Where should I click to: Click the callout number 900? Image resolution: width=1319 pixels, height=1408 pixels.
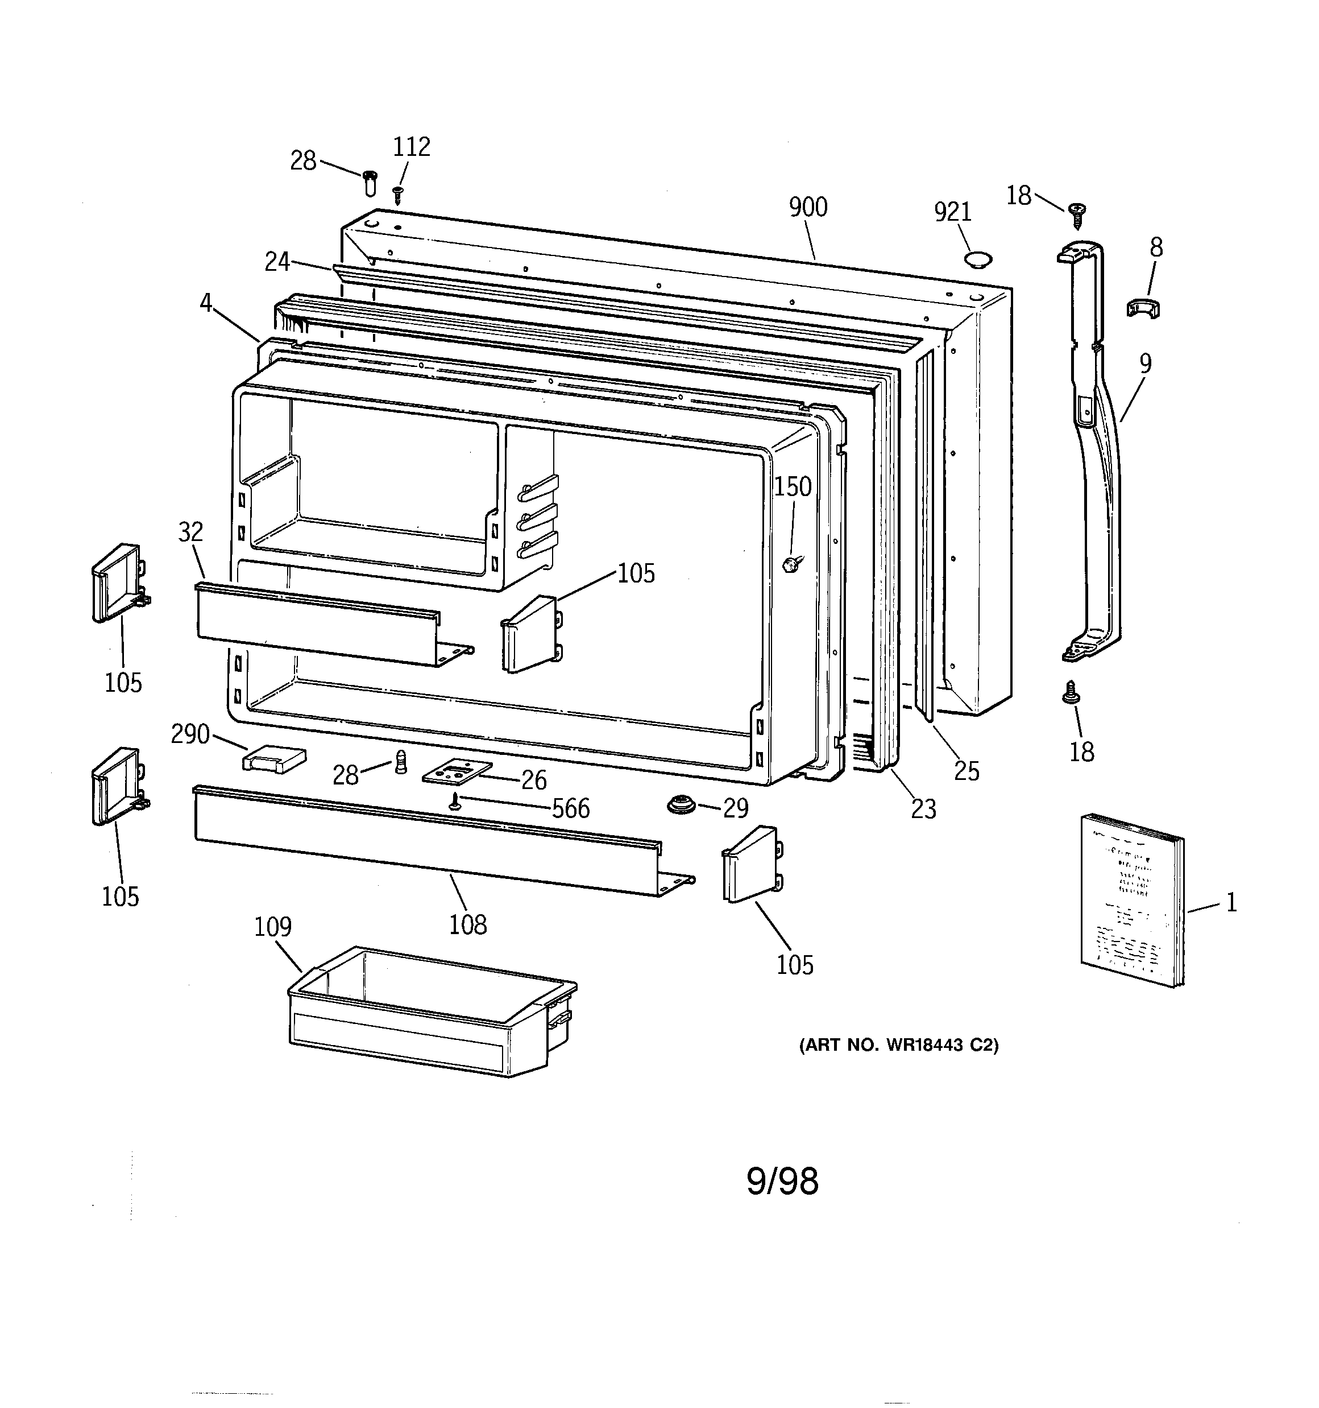(x=807, y=208)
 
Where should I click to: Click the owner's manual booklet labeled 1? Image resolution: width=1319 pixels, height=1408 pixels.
(x=1131, y=899)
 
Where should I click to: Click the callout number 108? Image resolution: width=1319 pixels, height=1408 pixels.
(x=468, y=925)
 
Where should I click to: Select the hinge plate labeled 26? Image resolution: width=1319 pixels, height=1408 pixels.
(x=457, y=772)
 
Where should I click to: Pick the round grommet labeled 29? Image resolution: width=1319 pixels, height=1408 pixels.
(x=682, y=806)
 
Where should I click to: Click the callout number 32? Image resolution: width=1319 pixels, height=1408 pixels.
(x=190, y=532)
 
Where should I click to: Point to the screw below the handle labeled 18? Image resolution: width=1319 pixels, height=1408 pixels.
(x=1071, y=693)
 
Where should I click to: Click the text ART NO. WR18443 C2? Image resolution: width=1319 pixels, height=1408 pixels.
(x=898, y=1046)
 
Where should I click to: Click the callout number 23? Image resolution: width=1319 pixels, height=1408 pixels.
(x=923, y=809)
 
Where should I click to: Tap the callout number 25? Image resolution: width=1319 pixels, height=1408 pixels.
(x=967, y=771)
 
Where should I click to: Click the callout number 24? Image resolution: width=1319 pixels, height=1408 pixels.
(x=277, y=262)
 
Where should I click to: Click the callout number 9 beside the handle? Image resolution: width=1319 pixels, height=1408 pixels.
(x=1145, y=364)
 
